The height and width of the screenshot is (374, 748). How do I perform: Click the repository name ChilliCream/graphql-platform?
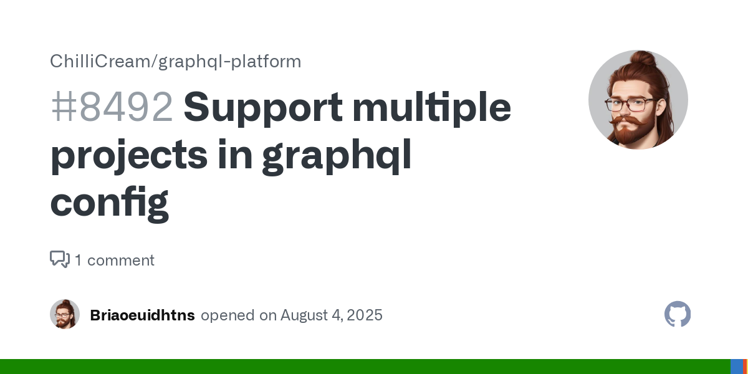coord(176,62)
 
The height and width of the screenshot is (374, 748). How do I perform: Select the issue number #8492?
coord(112,107)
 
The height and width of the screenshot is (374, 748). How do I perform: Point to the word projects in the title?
coord(129,156)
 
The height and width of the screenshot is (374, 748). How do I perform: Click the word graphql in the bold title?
coord(337,156)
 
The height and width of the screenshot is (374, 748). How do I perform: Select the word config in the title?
coord(110,204)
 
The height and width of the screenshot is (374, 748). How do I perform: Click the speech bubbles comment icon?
coord(60,259)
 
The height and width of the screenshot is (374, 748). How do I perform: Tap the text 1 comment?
coord(115,260)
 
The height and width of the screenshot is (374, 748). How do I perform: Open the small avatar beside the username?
coord(65,314)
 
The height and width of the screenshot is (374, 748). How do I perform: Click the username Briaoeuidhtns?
coord(142,315)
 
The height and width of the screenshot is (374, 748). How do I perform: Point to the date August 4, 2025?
coord(331,315)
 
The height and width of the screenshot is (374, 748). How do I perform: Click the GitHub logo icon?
coord(678,314)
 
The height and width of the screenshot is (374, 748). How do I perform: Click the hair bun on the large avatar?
coord(643,59)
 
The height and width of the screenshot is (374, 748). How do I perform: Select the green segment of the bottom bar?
coord(365,367)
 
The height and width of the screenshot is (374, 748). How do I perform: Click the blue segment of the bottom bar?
coord(737,367)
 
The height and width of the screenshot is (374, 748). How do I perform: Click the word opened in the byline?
coord(228,316)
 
